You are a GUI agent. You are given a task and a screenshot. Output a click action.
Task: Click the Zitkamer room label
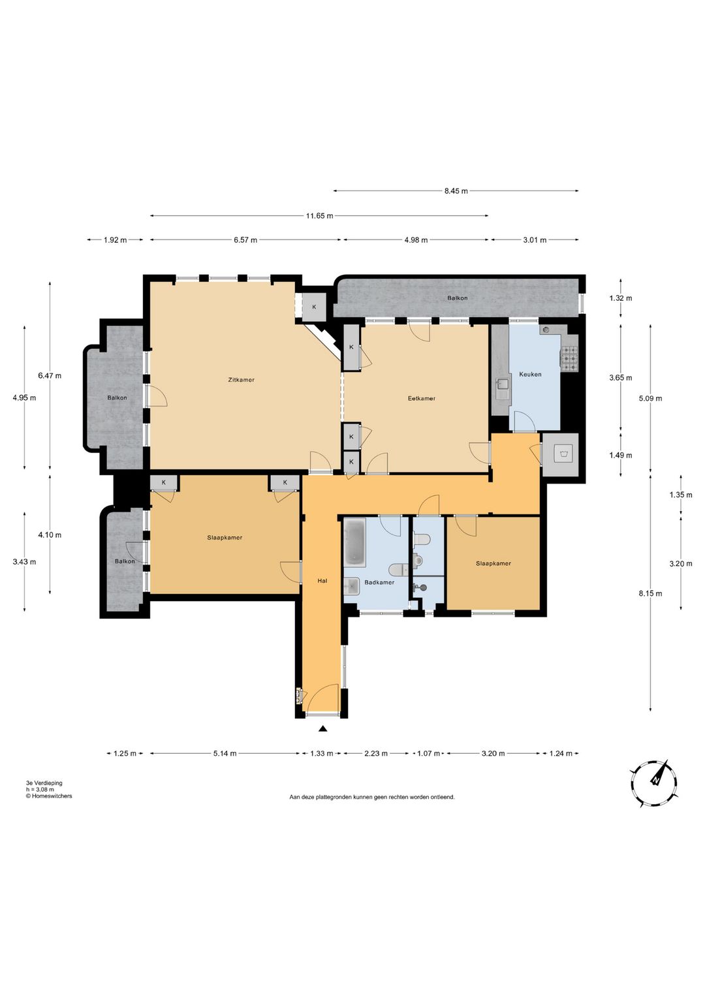point(241,380)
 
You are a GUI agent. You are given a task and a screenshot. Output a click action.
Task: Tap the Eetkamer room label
point(421,398)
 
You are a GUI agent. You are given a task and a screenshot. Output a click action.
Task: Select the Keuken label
point(530,375)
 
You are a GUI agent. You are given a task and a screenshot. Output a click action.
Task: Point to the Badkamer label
point(379,582)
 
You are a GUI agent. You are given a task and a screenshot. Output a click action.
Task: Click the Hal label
point(322,581)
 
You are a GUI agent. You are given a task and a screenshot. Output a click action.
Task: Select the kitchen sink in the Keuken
point(503,388)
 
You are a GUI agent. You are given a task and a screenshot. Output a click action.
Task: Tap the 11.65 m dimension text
point(319,216)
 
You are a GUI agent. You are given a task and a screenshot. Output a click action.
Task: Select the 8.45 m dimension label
point(456,191)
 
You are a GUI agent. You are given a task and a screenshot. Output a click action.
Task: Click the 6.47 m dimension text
point(50,376)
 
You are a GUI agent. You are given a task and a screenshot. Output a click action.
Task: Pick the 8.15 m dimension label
point(650,593)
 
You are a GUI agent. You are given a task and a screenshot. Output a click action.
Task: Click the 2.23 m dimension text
point(376,753)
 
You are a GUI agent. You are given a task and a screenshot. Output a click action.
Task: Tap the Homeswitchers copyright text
point(49,796)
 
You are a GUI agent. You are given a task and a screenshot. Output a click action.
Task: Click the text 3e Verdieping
point(44,783)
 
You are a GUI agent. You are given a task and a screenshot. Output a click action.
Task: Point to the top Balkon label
point(457,298)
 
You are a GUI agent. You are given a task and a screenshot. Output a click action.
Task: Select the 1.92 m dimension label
point(115,240)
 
